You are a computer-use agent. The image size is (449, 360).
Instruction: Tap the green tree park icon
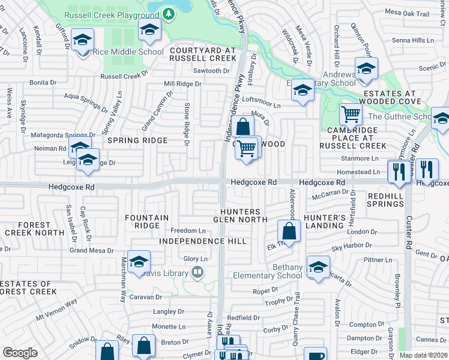(169, 13)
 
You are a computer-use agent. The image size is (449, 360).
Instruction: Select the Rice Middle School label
(128, 52)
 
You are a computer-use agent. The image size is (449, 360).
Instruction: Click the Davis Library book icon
(196, 273)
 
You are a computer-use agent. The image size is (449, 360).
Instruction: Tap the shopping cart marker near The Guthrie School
(351, 114)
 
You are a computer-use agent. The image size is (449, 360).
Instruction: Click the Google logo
(20, 353)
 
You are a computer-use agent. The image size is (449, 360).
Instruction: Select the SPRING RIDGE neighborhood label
(137, 140)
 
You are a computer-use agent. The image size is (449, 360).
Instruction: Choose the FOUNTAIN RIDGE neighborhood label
(143, 221)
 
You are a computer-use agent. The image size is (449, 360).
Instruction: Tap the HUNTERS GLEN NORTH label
(240, 215)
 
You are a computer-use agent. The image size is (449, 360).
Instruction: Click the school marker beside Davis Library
(139, 262)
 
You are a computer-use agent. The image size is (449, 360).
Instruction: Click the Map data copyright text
(424, 355)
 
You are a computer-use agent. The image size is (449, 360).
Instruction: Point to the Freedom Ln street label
(188, 230)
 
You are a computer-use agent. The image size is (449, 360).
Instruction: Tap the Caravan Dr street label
(146, 296)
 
